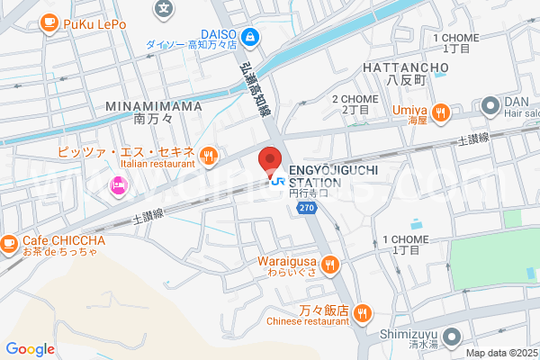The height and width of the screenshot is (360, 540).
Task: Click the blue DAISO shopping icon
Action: [252, 37]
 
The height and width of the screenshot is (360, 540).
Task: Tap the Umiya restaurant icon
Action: [440, 112]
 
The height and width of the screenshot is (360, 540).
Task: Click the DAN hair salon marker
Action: [490, 106]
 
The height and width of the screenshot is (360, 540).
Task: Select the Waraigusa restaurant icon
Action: [330, 264]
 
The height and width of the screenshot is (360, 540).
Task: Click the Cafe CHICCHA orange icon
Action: [9, 242]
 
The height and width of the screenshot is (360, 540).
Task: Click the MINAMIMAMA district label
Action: [154, 105]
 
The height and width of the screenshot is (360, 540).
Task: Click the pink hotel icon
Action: [118, 186]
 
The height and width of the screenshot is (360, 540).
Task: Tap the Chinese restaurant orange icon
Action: [362, 312]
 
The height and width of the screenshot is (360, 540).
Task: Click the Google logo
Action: [30, 349]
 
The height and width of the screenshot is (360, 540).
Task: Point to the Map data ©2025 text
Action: [500, 353]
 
